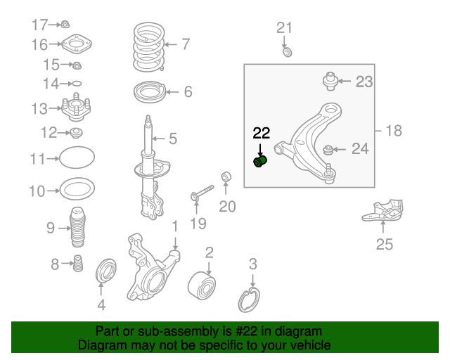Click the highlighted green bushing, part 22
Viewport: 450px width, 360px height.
(x=260, y=163)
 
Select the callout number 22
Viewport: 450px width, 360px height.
(x=261, y=133)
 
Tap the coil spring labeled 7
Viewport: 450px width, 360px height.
(x=148, y=46)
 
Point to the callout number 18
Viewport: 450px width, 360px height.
(x=394, y=131)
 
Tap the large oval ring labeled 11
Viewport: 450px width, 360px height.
(x=75, y=159)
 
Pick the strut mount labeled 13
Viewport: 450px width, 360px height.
(x=75, y=109)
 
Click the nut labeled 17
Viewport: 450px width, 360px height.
(x=65, y=24)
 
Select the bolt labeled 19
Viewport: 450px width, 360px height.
(x=201, y=193)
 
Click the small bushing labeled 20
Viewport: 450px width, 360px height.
(x=226, y=175)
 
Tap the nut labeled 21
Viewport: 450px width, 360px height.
(x=287, y=52)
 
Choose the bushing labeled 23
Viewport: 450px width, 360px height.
(x=330, y=81)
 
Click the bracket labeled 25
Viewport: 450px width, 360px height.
(x=383, y=212)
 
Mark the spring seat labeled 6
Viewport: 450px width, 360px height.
(x=149, y=92)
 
